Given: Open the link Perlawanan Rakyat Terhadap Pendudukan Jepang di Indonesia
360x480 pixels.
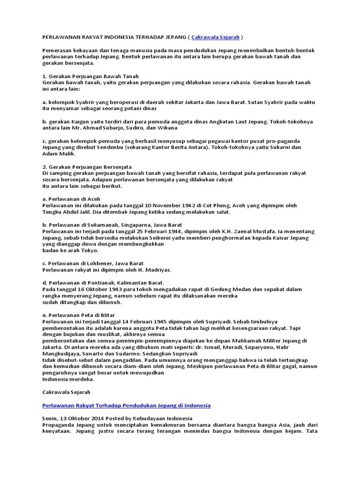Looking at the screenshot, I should tap(127, 405).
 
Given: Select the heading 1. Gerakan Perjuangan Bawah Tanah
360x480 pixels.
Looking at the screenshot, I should tap(90, 76).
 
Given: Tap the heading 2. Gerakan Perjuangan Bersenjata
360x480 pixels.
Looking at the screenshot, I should tap(87, 167).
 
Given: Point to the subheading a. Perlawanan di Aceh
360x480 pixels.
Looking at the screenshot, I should tap(71, 199).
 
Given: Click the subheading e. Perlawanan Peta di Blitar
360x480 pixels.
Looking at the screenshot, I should tap(79, 315).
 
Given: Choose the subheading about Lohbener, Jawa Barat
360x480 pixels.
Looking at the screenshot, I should tap(93, 263).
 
